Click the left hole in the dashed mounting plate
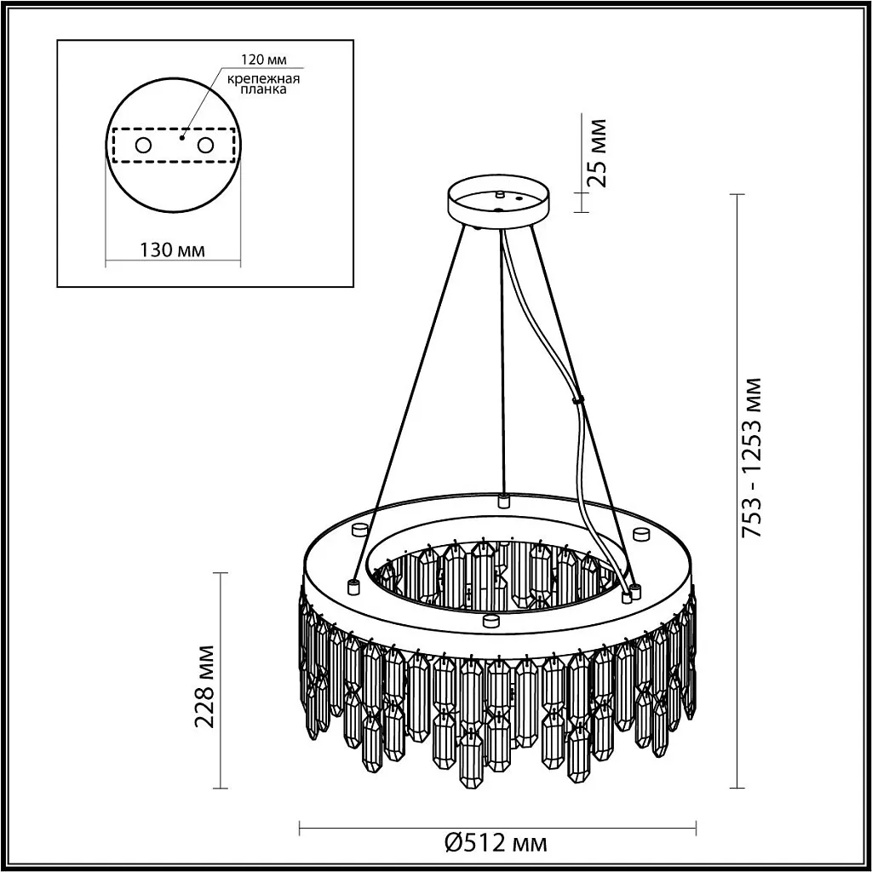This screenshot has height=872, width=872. pos(143,145)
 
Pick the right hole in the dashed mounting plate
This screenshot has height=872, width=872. pos(205,145)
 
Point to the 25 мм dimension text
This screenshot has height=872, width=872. pos(598,151)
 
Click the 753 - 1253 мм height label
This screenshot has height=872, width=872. pos(752,457)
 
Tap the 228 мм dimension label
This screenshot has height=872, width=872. pos(204,686)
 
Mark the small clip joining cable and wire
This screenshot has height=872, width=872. pos(578,399)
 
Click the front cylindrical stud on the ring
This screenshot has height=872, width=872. pos(490,620)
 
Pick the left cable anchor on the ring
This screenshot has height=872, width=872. pos(351,586)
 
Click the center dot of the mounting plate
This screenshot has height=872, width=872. pos(181,135)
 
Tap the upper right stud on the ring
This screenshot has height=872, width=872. pos(640,534)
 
